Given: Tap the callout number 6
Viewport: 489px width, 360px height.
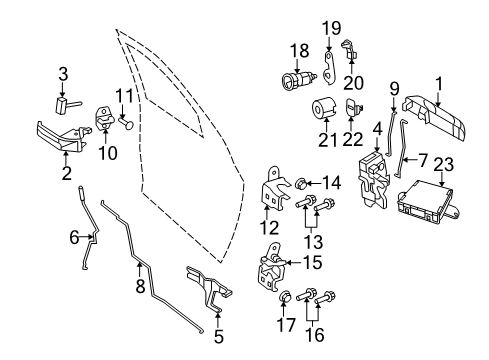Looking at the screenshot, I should coord(73,236).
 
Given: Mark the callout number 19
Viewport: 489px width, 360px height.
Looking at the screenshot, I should coord(331,26).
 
